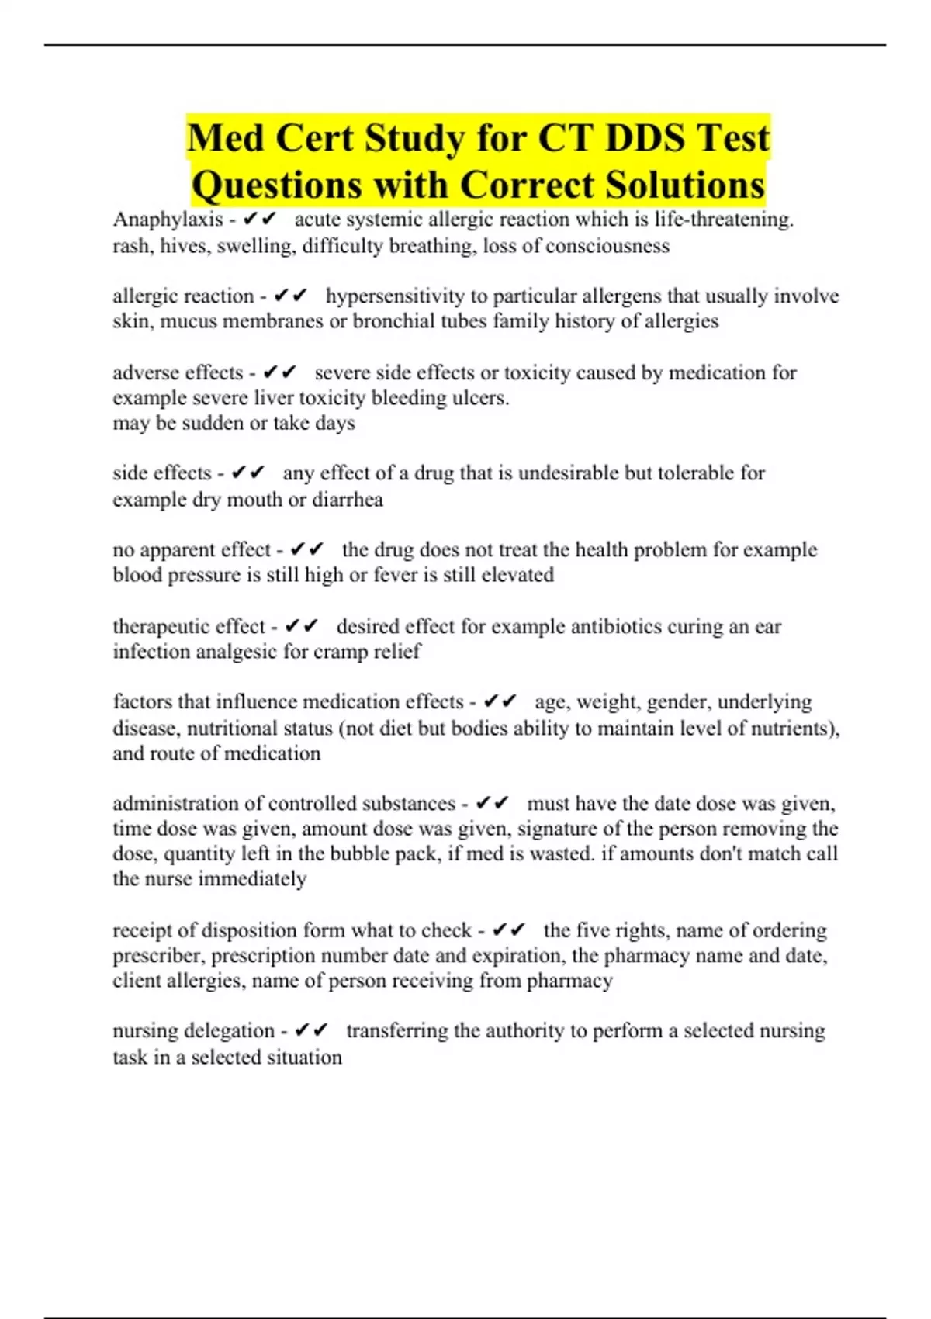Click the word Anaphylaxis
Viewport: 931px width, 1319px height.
pyautogui.click(x=168, y=220)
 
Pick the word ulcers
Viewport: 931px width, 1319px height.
pyautogui.click(x=480, y=398)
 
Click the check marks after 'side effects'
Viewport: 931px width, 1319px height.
pyautogui.click(x=249, y=473)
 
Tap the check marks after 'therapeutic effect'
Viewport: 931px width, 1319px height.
pyautogui.click(x=303, y=626)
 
